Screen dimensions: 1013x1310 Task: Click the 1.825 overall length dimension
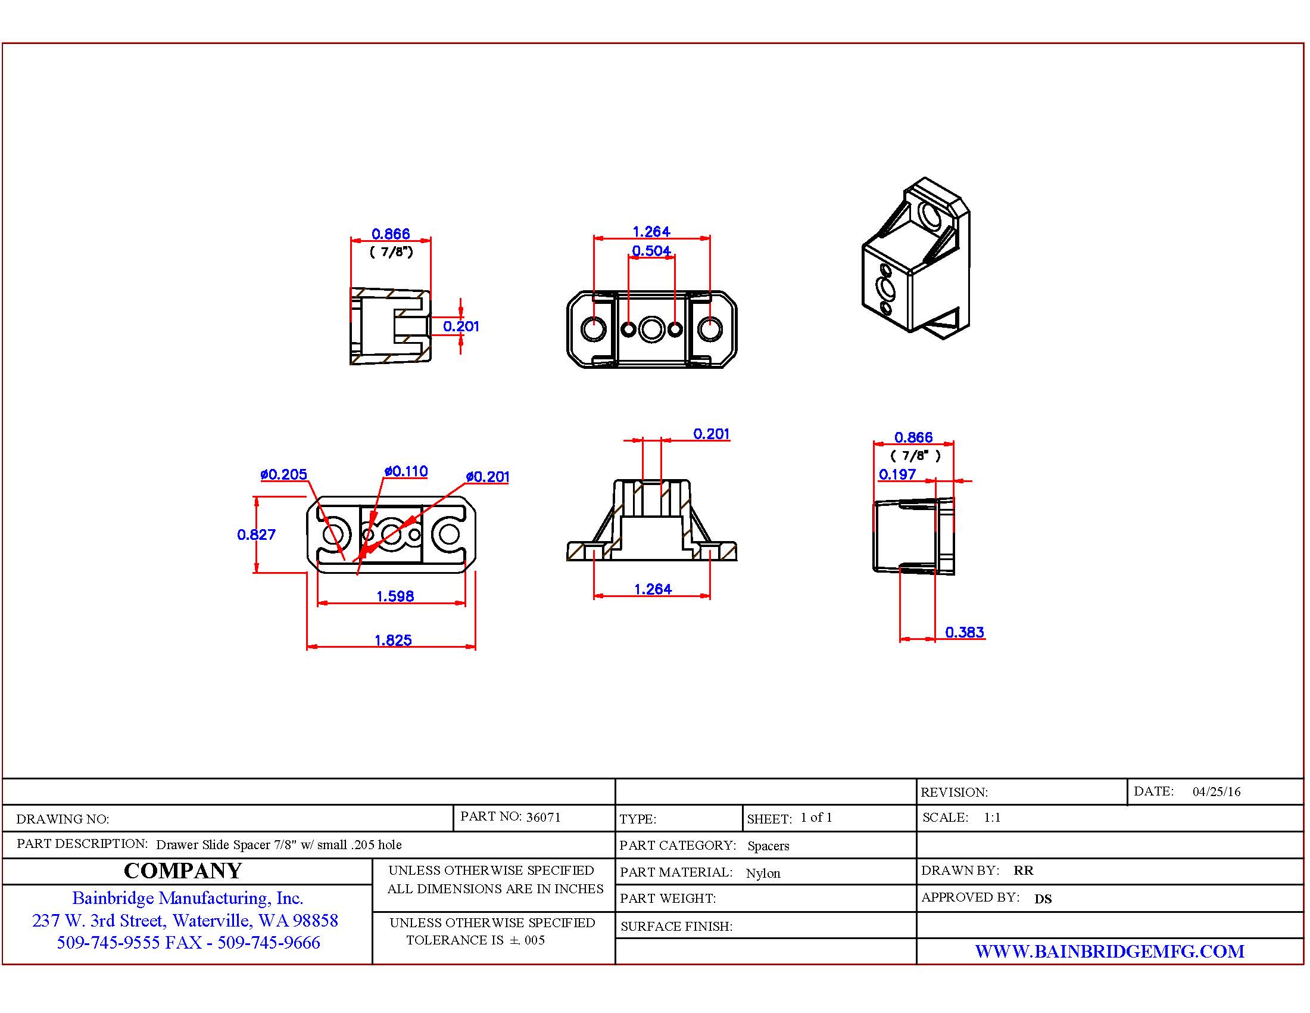click(393, 641)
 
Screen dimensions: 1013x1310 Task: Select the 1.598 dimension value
click(395, 596)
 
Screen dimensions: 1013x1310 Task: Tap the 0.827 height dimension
click(256, 534)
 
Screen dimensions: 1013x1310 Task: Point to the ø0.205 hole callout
click(283, 474)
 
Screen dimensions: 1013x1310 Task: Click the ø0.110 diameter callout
click(406, 471)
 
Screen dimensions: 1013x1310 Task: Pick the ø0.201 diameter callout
click(488, 477)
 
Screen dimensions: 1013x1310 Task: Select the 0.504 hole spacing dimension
click(651, 250)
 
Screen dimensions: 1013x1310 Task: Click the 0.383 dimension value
click(965, 632)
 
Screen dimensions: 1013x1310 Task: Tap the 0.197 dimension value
click(897, 474)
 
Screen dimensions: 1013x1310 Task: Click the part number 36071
click(543, 817)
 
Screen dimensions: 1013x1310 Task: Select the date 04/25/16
click(1217, 791)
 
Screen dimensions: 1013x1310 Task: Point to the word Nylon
click(763, 873)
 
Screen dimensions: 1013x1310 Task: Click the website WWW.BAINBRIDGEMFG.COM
click(1110, 951)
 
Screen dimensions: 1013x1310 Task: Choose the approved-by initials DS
click(1043, 899)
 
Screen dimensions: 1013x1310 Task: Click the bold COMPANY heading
click(183, 871)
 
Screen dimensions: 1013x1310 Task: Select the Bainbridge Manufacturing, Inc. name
click(188, 898)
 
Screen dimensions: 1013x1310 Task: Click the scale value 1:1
click(992, 818)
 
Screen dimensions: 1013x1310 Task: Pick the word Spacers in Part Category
click(768, 846)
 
